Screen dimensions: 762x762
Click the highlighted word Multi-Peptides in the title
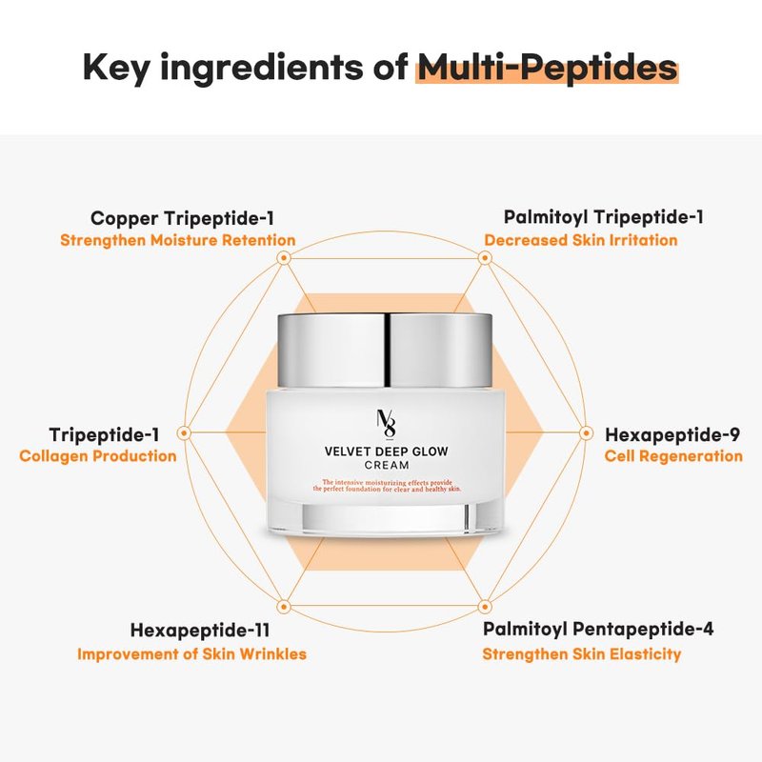click(x=548, y=67)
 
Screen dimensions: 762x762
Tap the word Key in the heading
click(x=116, y=68)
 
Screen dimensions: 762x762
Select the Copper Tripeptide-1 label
click(x=182, y=218)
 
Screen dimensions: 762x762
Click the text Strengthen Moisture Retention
click(x=178, y=240)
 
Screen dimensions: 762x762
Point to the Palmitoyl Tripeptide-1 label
click(x=603, y=217)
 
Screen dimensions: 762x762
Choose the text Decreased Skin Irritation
click(x=581, y=240)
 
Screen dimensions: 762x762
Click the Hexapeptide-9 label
click(x=672, y=434)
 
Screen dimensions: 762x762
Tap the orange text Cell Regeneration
click(x=673, y=456)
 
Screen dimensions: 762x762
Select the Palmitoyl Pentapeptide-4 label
click(x=598, y=629)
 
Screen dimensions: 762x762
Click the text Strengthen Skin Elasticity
click(x=582, y=654)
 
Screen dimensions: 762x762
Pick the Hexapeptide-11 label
click(x=200, y=631)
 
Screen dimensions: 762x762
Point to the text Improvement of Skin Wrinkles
click(x=192, y=654)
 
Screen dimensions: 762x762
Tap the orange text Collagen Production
click(x=98, y=456)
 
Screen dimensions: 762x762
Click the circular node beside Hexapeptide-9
click(x=586, y=433)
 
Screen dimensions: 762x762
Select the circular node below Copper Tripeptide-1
click(x=284, y=258)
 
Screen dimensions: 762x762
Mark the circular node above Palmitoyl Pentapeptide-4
click(x=485, y=607)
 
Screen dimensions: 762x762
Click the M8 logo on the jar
click(x=387, y=424)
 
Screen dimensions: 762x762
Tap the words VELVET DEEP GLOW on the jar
click(x=387, y=451)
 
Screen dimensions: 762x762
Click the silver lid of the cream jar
click(x=385, y=351)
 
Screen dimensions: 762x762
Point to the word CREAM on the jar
click(x=387, y=466)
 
